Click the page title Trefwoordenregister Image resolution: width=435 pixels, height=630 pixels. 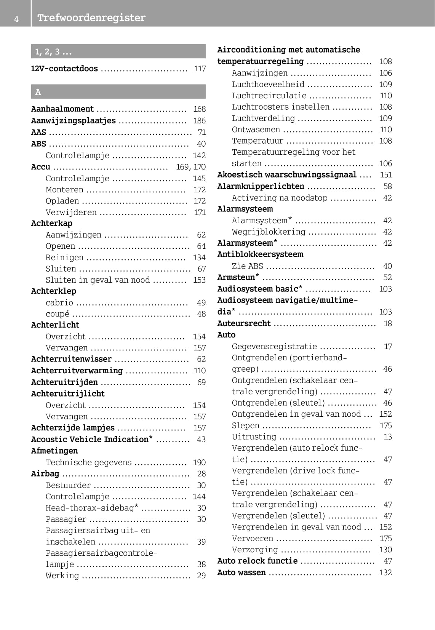[91, 18]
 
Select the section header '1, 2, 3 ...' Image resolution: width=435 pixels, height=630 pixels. [53, 52]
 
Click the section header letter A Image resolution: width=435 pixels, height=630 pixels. [38, 92]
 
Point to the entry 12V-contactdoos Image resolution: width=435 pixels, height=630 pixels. [64, 69]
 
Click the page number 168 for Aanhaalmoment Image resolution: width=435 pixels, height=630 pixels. [199, 109]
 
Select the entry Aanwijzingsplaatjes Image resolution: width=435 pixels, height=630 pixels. [73, 121]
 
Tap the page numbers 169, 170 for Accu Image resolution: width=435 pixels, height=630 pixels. [190, 167]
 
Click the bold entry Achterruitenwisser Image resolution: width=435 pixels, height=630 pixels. [71, 359]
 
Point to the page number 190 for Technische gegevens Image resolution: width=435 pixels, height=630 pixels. [199, 462]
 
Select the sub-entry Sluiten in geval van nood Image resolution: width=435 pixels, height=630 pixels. [98, 280]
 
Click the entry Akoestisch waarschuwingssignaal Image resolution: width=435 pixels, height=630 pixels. [287, 175]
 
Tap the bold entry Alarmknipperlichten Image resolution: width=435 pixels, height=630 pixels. [261, 186]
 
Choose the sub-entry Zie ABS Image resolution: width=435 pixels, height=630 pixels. [247, 266]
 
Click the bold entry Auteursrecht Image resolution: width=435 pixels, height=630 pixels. [244, 323]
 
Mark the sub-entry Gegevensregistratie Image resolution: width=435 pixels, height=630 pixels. [274, 346]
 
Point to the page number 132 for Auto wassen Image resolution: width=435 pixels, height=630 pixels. [385, 572]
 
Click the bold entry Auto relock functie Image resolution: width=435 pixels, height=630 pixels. [257, 561]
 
